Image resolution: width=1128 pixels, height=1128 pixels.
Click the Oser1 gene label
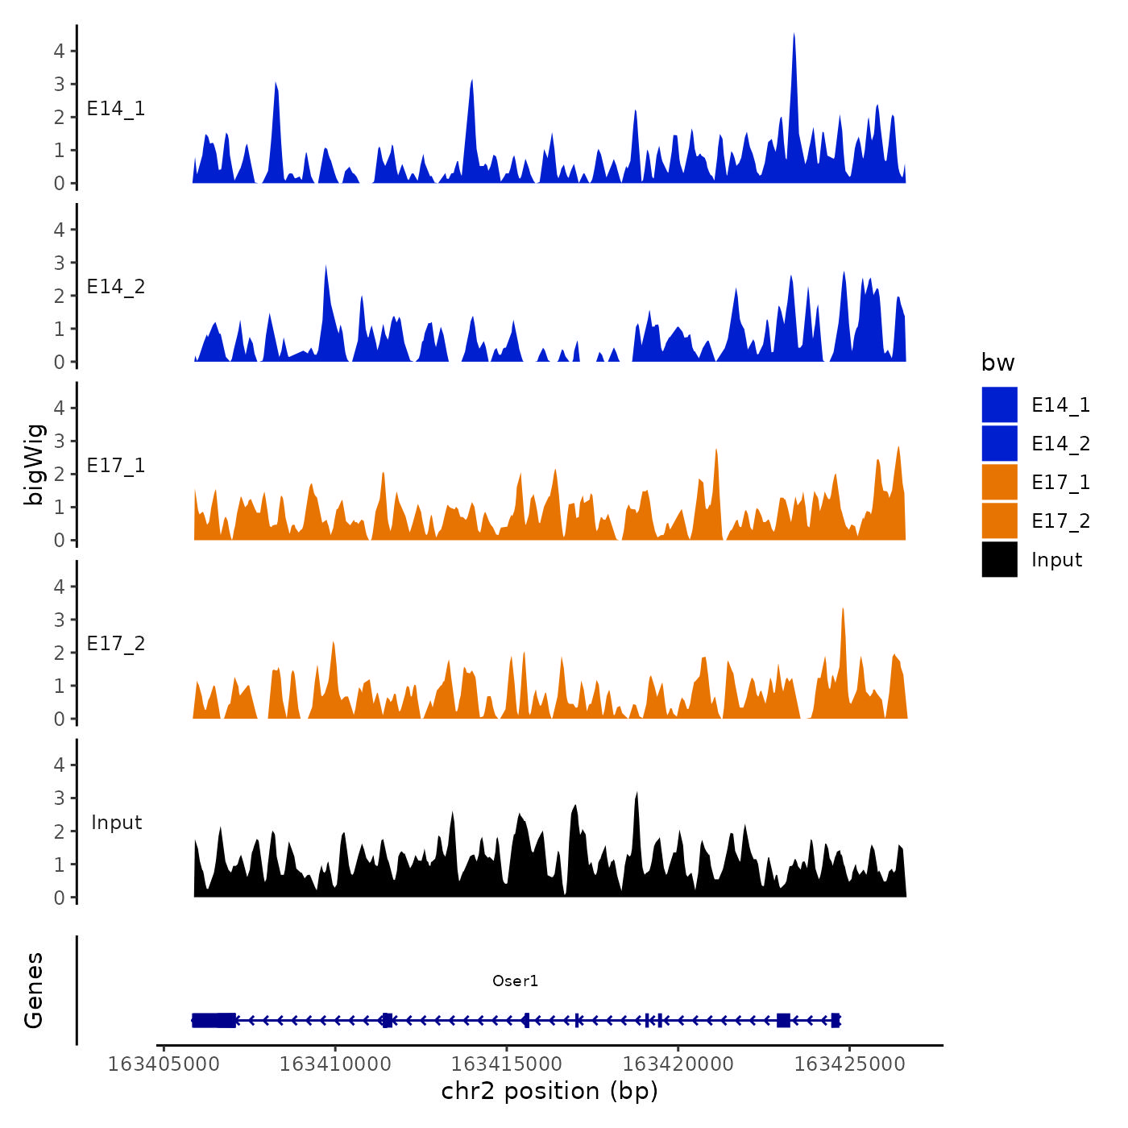pos(515,981)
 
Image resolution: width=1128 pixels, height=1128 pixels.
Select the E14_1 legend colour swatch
pos(999,404)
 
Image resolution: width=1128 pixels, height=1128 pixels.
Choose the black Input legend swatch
pos(999,559)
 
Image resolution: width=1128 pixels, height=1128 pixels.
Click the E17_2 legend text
pos(1060,521)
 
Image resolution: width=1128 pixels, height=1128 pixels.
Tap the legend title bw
pos(997,363)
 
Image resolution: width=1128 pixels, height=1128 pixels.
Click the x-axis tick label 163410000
pos(335,1064)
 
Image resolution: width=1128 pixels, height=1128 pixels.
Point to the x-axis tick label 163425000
pos(849,1064)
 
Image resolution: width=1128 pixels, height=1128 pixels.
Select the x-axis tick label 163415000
pos(507,1064)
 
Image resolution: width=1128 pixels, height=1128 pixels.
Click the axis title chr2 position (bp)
pos(549,1091)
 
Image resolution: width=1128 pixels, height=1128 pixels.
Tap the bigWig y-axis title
pos(34,464)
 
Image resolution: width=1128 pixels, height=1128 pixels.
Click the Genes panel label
pos(34,990)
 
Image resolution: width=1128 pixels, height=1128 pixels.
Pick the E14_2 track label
pos(116,287)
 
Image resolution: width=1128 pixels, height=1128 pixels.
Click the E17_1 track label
pos(116,466)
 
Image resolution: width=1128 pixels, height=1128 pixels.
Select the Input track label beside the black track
pos(116,823)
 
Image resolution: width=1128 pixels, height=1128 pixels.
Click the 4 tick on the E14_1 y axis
pos(60,51)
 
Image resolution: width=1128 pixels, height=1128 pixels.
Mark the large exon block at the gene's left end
pos(214,1020)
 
